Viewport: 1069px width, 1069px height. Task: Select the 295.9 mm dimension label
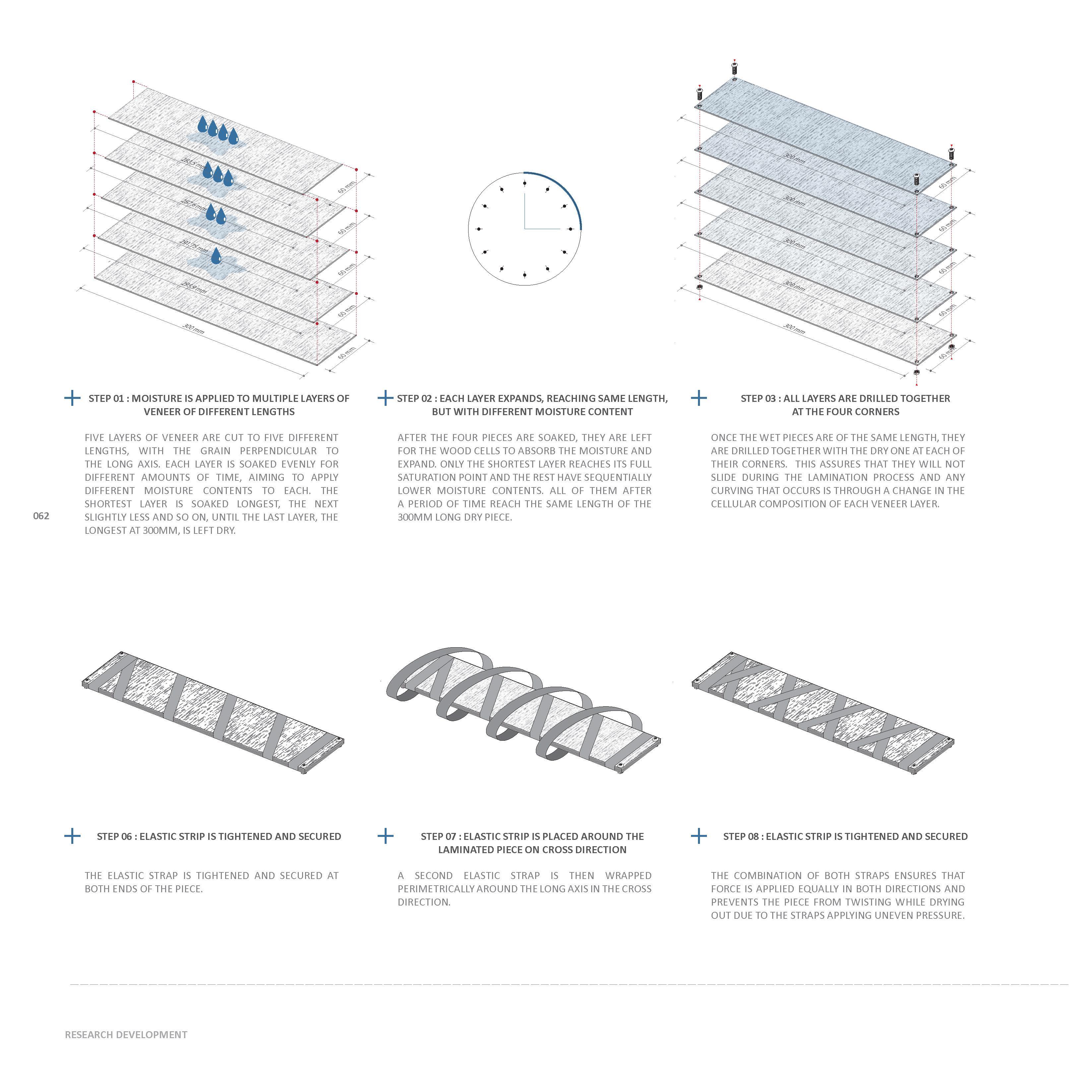[x=195, y=288]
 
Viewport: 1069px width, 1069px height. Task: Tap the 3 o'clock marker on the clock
[x=570, y=228]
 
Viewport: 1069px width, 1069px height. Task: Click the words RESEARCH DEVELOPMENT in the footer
[x=126, y=1035]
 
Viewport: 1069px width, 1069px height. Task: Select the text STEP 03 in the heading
[x=759, y=398]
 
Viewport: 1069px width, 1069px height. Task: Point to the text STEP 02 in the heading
[x=415, y=398]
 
